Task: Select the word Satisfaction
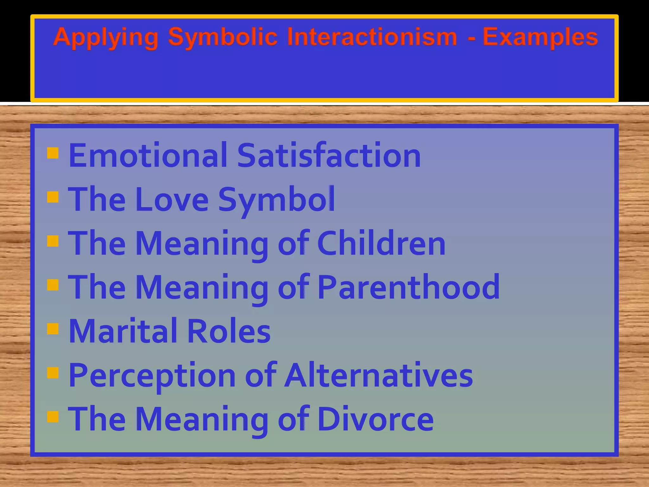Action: pyautogui.click(x=329, y=155)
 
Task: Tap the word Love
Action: pyautogui.click(x=172, y=199)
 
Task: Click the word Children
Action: pyautogui.click(x=381, y=243)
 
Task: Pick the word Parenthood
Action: pyautogui.click(x=408, y=287)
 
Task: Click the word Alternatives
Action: pyautogui.click(x=378, y=375)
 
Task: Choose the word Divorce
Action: pyautogui.click(x=376, y=419)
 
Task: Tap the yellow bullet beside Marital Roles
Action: pyautogui.click(x=53, y=329)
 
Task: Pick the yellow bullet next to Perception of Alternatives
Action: pyautogui.click(x=53, y=373)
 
